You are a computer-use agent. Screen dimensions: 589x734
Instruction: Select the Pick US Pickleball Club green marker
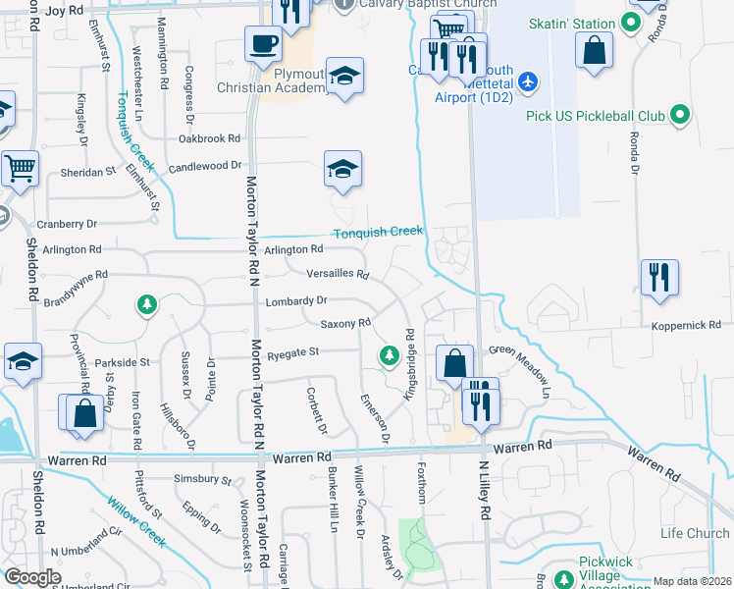[678, 117]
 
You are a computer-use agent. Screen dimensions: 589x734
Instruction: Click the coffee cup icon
[263, 43]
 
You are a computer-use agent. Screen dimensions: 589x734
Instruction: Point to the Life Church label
[694, 533]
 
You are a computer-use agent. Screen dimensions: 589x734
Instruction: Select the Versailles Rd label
[338, 274]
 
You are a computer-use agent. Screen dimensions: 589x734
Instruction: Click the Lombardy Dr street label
[295, 300]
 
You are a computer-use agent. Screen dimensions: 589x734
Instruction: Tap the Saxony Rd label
[345, 323]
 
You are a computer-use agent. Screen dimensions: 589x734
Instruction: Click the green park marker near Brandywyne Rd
[147, 304]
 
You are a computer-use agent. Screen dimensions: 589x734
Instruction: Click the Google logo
[32, 577]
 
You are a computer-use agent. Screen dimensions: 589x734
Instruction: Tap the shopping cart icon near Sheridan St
[20, 168]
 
